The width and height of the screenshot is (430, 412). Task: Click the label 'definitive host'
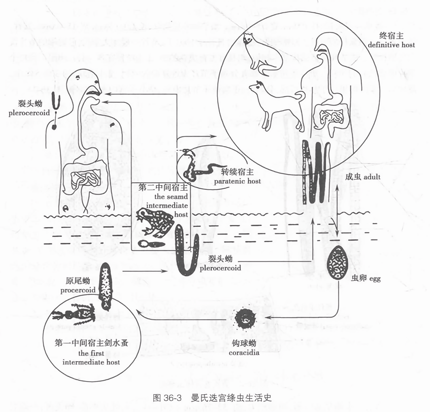tap(392, 45)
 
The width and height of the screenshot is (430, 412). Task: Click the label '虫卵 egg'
tap(366, 279)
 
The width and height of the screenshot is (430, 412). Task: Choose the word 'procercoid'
tap(78, 290)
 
